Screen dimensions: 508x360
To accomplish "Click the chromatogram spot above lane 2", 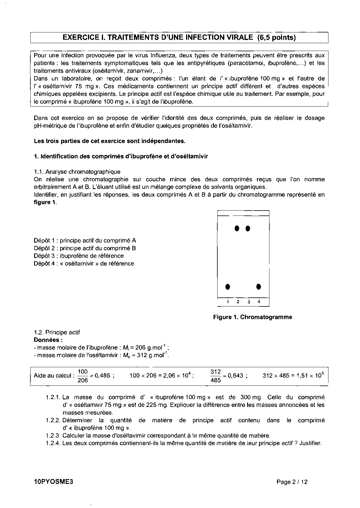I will coord(237,228).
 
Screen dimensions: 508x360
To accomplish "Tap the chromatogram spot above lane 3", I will coord(248,229).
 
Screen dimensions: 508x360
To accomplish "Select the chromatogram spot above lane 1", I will coord(228,287).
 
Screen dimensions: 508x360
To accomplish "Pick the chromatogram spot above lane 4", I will coord(259,287).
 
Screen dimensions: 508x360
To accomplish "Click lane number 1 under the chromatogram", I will coord(228,302).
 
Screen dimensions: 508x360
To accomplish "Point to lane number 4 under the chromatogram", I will coord(259,301).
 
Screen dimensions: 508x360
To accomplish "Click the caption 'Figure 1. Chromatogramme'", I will coord(252,317).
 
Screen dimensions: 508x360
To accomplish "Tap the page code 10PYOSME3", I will coord(52,482).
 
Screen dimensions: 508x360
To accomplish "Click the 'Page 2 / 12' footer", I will coord(292,482).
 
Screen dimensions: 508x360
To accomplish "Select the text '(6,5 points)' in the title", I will coord(276,37).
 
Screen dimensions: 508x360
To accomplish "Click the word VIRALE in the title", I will coord(234,37).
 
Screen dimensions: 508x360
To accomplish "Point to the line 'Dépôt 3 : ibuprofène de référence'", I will coord(79,256).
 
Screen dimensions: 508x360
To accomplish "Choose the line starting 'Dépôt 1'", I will coord(85,240).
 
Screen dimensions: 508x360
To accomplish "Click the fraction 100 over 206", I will coord(83,376).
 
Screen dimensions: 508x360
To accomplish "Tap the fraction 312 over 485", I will coord(216,376).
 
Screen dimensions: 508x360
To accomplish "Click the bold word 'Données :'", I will coord(46,340).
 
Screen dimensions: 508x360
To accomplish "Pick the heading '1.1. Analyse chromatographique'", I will coord(77,172).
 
